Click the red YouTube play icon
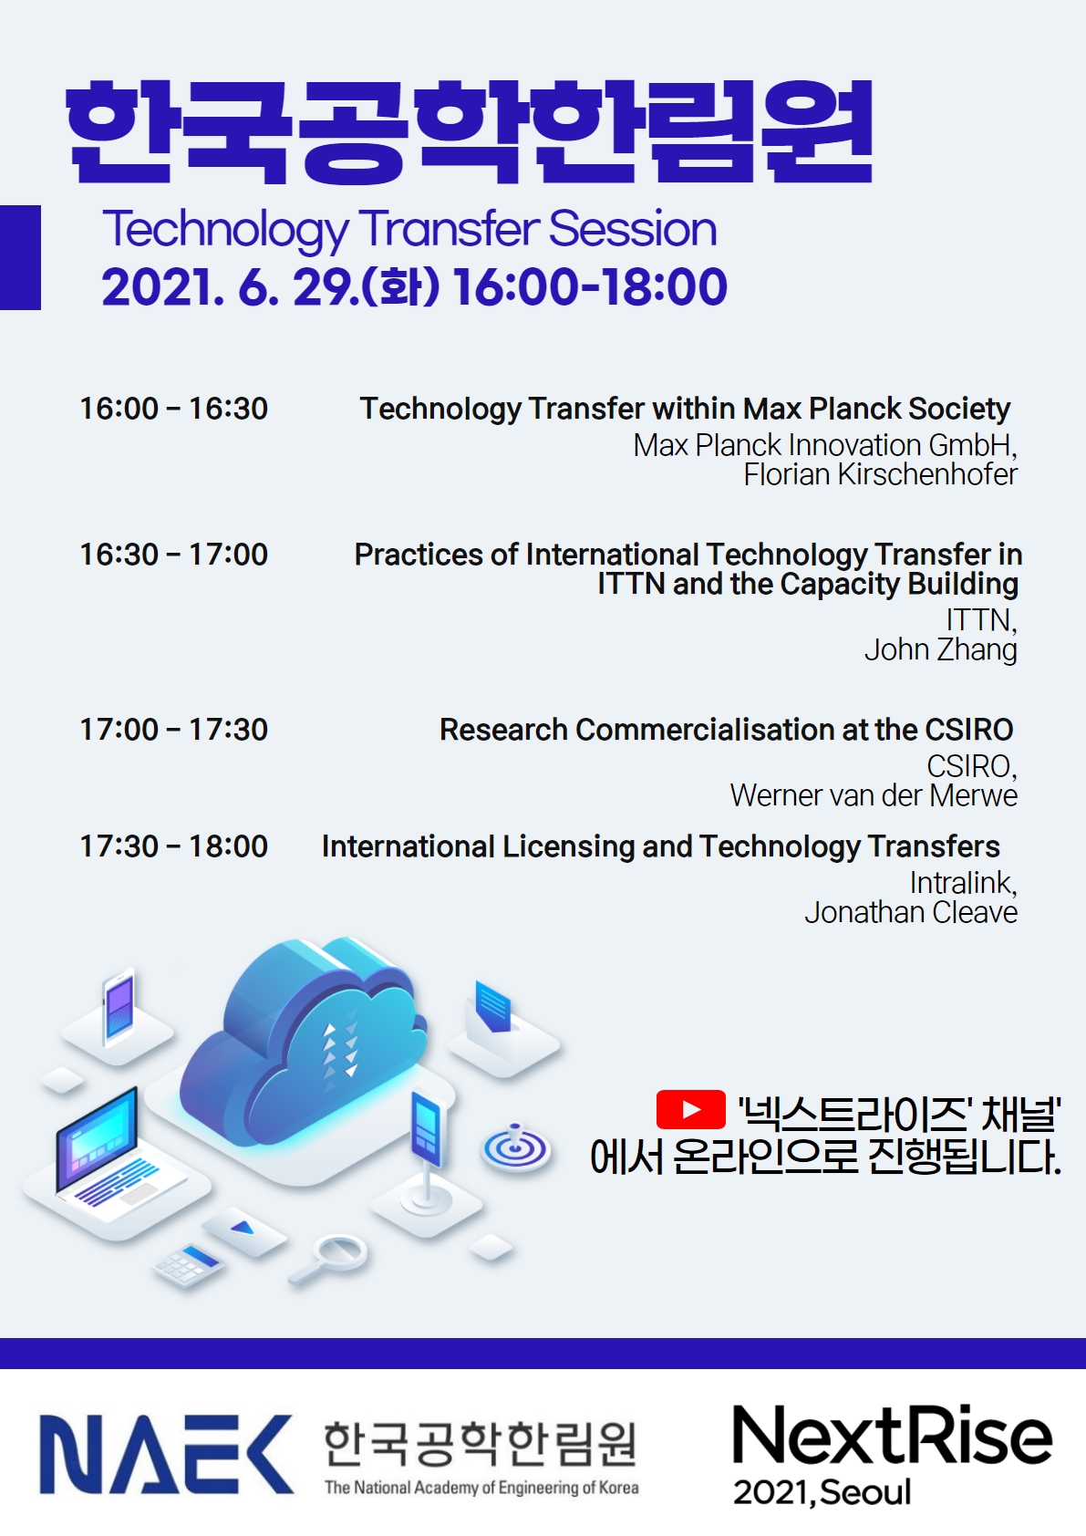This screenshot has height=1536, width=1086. click(690, 1109)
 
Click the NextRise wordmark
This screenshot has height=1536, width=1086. click(892, 1435)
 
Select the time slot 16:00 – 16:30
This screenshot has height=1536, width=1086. click(173, 409)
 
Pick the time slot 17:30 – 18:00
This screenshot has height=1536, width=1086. click(173, 846)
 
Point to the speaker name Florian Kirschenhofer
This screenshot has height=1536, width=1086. click(880, 474)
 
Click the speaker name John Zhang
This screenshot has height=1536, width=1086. click(941, 650)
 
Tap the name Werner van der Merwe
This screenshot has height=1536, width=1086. click(874, 795)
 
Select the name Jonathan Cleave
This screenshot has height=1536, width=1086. click(911, 912)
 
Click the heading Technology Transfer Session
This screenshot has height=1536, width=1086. click(409, 229)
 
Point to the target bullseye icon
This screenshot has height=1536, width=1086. click(515, 1146)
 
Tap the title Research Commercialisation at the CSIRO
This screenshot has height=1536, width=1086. click(726, 730)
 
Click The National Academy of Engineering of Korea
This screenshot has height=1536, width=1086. click(481, 1488)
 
